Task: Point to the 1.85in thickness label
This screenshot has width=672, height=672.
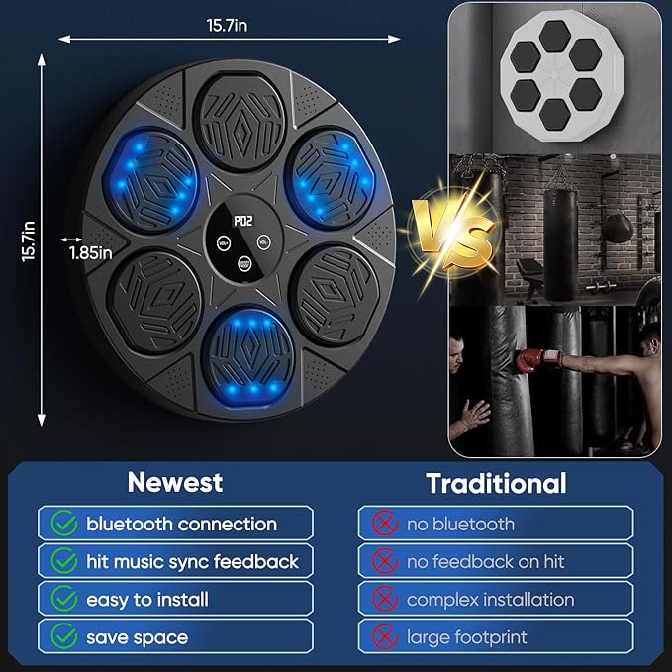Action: (91, 251)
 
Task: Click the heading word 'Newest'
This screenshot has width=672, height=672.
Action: (175, 483)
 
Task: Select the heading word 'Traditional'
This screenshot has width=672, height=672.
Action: (496, 483)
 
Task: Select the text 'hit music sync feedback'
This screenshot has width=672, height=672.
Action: (192, 562)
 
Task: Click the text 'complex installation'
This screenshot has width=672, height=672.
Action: (490, 600)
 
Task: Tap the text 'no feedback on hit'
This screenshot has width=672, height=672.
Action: (485, 562)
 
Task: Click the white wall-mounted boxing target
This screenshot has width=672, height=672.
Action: (554, 71)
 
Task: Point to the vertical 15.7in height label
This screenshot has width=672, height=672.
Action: (30, 240)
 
